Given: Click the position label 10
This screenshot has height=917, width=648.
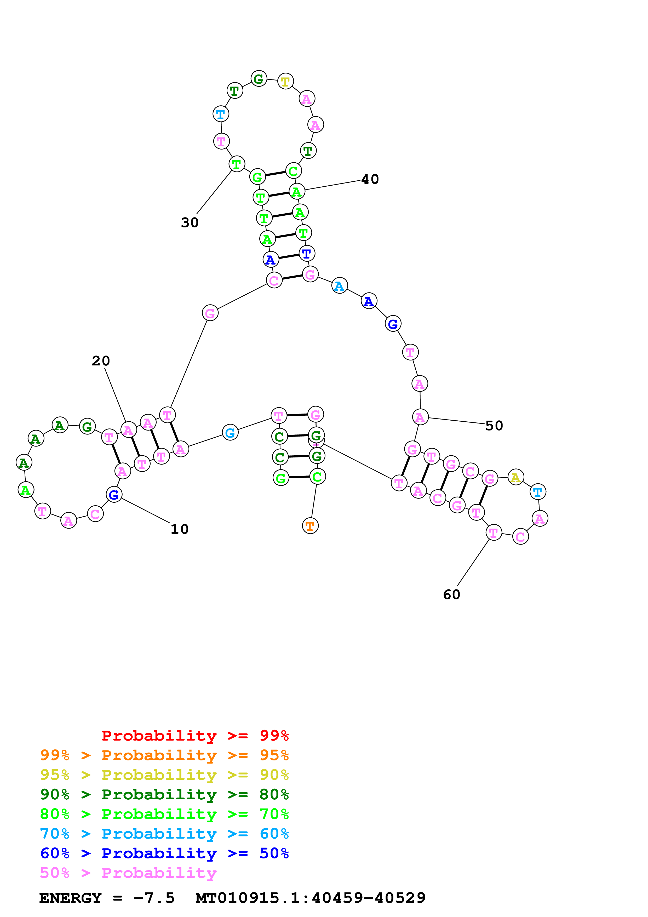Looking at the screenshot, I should (x=179, y=529).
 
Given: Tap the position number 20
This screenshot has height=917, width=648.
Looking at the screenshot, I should (x=101, y=361).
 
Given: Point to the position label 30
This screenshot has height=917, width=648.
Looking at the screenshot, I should (x=190, y=222).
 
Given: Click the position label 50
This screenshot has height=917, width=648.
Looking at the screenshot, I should (x=494, y=426).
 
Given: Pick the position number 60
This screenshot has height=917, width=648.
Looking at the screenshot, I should (x=452, y=595).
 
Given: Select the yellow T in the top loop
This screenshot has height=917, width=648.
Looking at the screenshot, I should (x=285, y=82).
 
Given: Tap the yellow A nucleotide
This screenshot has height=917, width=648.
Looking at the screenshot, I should (x=516, y=477).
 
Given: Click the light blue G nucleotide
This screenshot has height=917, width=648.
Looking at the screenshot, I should (x=230, y=433).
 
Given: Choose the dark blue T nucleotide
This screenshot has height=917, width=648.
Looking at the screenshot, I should (x=307, y=253).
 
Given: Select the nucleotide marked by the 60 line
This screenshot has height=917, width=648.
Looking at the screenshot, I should (x=494, y=532).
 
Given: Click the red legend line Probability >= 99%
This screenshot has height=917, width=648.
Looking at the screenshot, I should (x=195, y=736).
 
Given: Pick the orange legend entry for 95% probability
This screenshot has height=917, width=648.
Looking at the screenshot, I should (x=164, y=755).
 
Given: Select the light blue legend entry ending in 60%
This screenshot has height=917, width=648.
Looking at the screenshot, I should (x=164, y=834).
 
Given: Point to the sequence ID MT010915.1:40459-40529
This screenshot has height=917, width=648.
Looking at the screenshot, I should (x=310, y=898).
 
